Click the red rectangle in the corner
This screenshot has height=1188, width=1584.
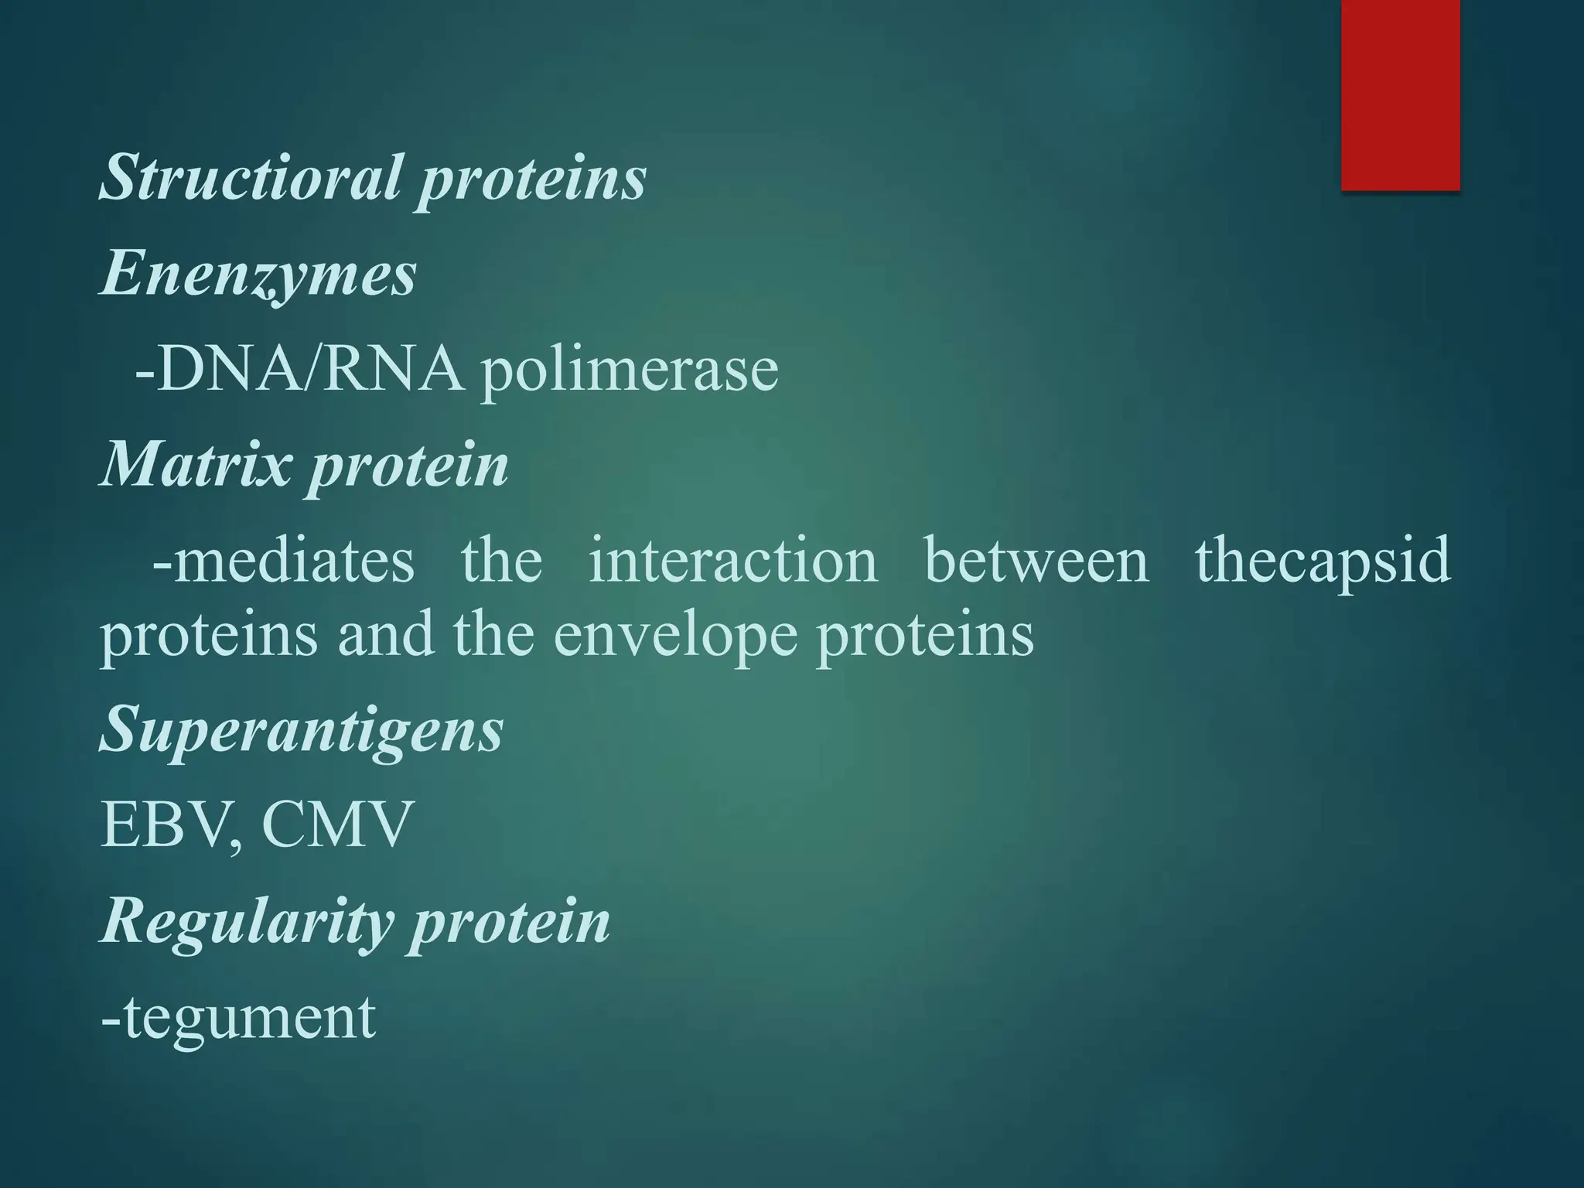coord(1400,94)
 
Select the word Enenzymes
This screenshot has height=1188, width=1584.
coord(258,275)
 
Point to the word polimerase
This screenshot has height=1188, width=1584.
coord(629,372)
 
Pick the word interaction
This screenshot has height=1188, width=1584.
coord(733,560)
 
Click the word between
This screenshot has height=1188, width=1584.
coord(1036,560)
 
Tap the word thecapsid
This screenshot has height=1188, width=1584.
coord(1323,562)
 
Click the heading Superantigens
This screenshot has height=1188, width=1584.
coord(302,731)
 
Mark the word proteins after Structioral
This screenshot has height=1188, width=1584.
coord(532,179)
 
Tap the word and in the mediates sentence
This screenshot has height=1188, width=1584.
coord(385,635)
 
